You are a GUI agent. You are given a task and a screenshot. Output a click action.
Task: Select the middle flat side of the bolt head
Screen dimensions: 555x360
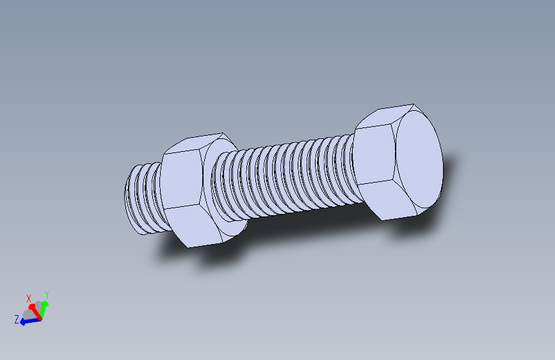374,154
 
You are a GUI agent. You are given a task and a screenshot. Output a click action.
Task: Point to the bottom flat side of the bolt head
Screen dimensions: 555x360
393,199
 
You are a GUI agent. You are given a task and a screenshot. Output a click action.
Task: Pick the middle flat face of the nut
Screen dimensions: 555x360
182,179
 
